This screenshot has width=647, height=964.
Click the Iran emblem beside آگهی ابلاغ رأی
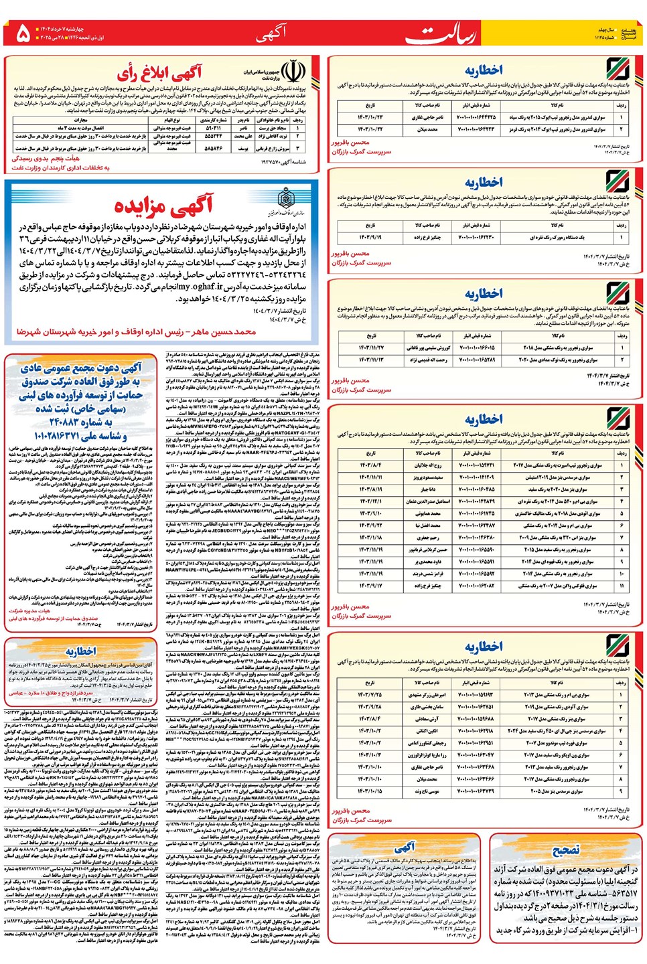pyautogui.click(x=292, y=71)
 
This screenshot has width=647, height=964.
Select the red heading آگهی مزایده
pyautogui.click(x=163, y=204)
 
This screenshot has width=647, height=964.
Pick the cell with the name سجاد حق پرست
pyautogui.click(x=273, y=127)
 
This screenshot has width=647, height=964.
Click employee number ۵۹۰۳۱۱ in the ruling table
pyautogui.click(x=213, y=127)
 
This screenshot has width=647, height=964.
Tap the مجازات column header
pyautogui.click(x=81, y=120)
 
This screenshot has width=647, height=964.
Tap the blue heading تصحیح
pyautogui.click(x=565, y=850)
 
